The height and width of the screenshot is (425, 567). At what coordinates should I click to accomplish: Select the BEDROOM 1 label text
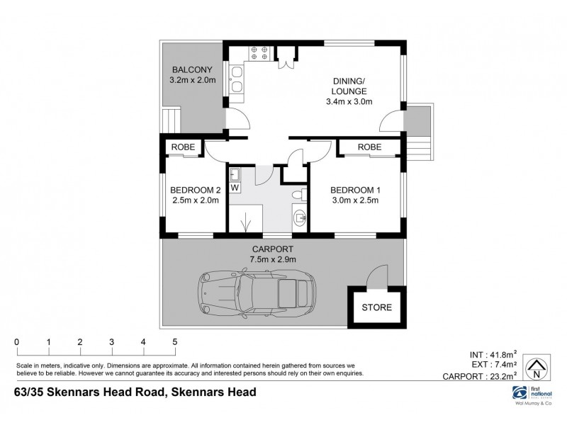[355, 190]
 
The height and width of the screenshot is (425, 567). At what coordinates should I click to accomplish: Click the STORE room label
[376, 307]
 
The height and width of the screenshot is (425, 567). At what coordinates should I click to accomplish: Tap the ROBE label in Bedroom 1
[369, 147]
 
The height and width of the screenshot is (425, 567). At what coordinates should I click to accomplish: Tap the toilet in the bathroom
[298, 194]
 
